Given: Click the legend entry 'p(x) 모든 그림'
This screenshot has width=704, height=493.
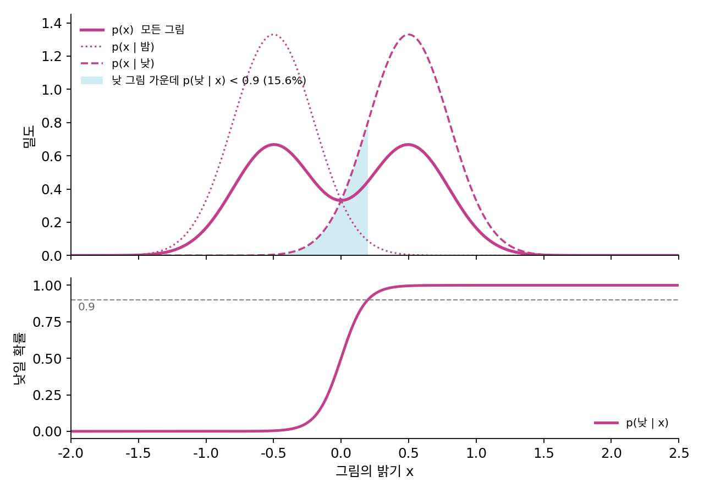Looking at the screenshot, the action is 132,30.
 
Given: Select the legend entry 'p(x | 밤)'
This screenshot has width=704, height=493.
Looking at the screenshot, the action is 117,47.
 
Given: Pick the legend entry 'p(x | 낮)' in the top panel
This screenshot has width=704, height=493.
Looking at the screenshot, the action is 117,63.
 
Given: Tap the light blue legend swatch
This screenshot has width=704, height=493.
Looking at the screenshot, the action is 92,80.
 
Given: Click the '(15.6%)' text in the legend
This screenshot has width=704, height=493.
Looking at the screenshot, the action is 284,80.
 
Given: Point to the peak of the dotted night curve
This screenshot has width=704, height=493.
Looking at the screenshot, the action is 273,34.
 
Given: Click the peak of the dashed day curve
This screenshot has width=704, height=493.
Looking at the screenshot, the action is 409,34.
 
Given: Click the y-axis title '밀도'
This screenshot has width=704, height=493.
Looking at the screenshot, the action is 29,136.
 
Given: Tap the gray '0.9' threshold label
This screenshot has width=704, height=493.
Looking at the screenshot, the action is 86,306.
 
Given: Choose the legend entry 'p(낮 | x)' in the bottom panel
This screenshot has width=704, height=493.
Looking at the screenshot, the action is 631,423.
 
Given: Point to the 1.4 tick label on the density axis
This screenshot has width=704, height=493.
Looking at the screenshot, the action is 52,23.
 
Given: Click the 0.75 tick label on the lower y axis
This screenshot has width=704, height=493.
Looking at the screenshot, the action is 47,322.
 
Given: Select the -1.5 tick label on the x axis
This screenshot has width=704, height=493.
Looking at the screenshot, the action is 138,453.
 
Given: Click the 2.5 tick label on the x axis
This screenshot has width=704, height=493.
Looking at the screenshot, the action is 679,453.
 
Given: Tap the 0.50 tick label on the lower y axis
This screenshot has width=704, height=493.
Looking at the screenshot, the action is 47,358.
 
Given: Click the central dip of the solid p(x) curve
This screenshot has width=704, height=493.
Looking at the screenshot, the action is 342,200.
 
